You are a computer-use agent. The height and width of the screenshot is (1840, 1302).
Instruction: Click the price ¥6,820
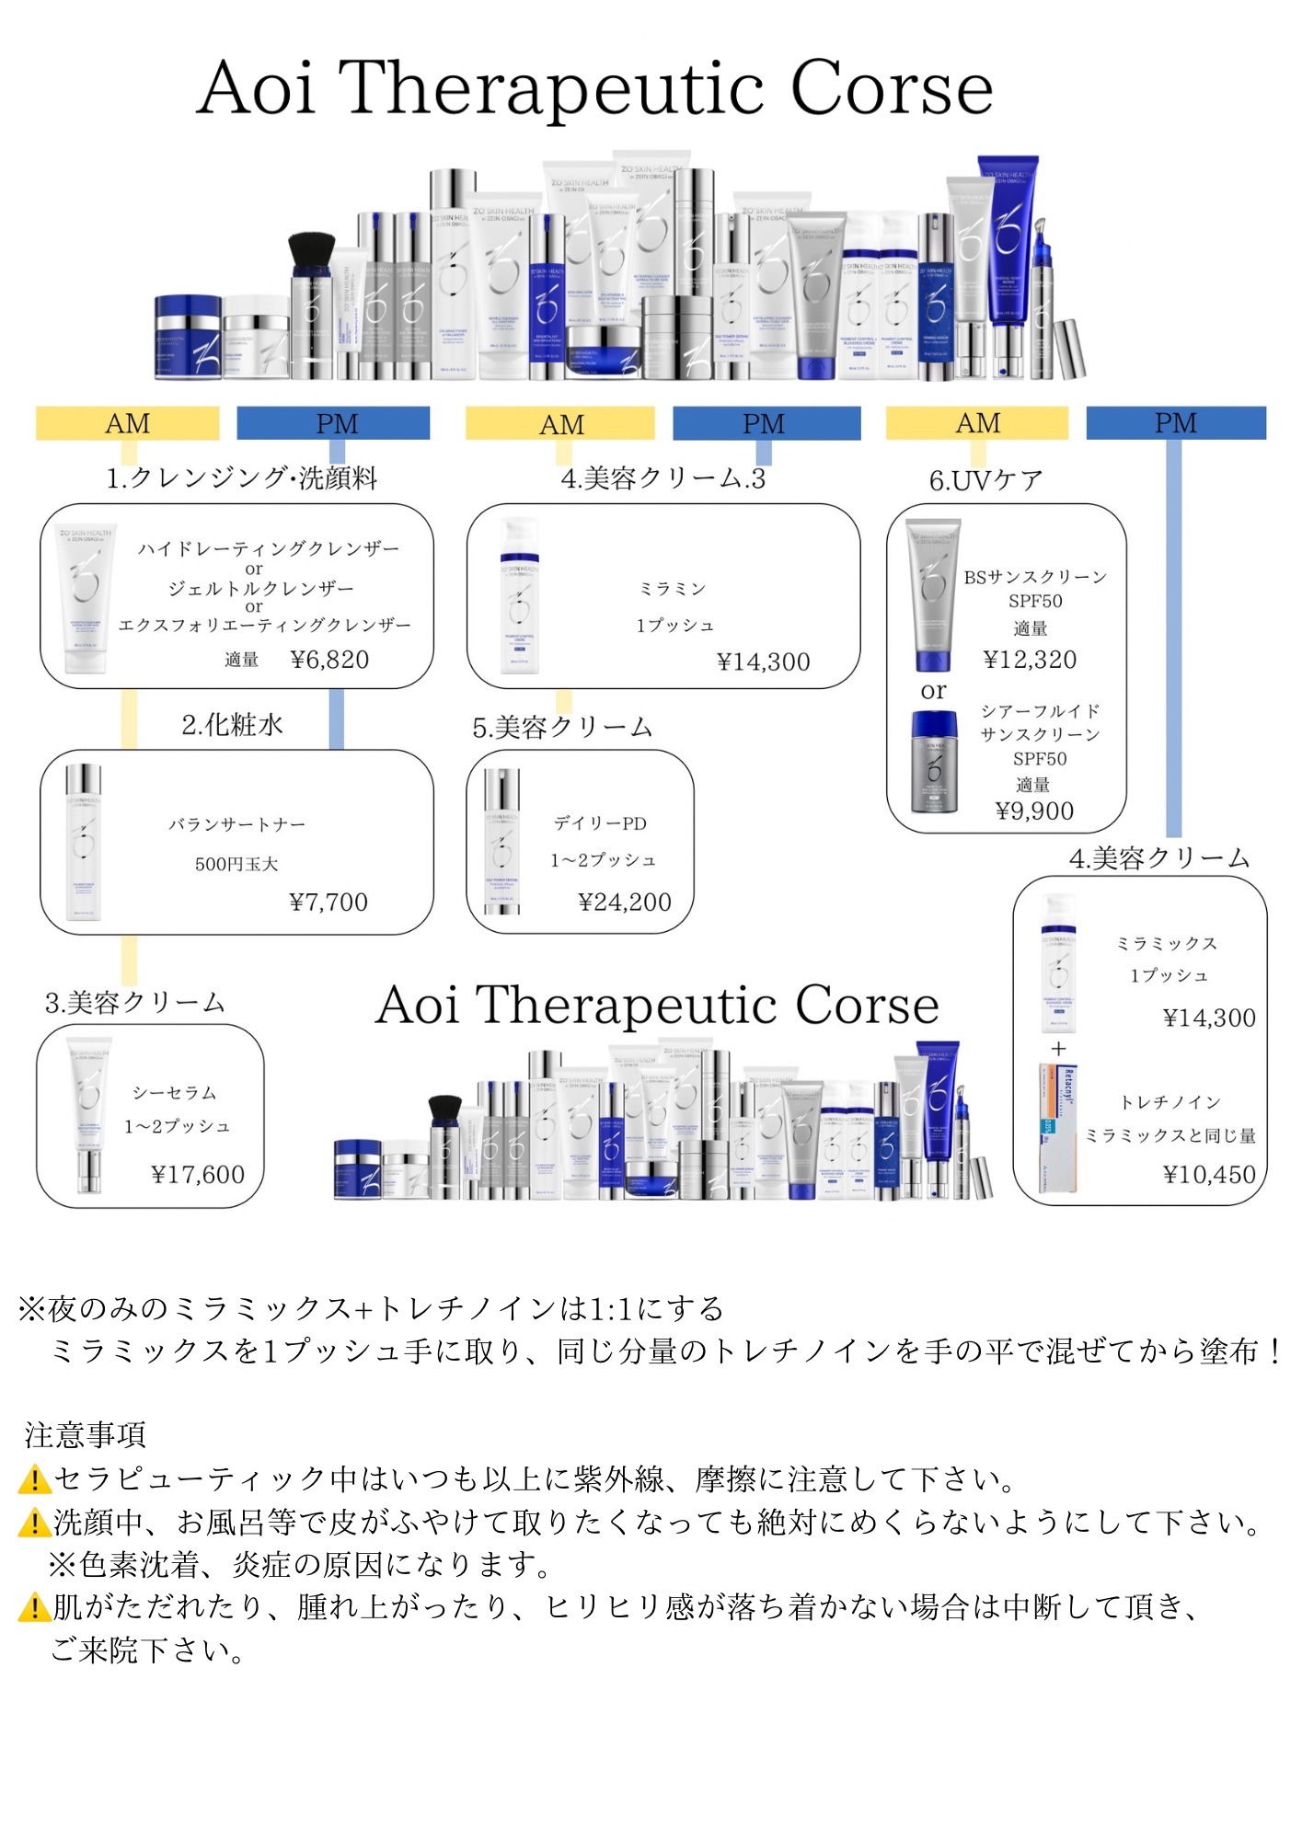pos(329,660)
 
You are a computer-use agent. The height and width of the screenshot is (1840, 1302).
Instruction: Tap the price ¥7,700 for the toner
pos(328,902)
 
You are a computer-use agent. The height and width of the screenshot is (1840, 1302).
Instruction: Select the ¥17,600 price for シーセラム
pos(198,1174)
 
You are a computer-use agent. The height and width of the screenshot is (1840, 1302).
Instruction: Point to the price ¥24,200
pos(625,902)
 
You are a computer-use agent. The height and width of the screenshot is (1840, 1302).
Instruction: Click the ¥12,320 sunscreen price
pos(1030,660)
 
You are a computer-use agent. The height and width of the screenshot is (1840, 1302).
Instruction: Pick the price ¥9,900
pos(1034,811)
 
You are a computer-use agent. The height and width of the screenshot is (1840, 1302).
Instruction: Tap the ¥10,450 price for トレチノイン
pos(1209,1174)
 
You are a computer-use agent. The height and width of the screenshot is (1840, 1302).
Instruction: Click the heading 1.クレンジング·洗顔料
pos(241,478)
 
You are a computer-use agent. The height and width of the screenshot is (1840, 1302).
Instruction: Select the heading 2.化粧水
pos(232,725)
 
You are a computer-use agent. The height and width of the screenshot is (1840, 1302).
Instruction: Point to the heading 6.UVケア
pos(985,480)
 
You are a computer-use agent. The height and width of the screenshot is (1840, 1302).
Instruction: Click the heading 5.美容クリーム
pos(562,728)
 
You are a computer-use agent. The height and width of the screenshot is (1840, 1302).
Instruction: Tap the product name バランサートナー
pos(236,824)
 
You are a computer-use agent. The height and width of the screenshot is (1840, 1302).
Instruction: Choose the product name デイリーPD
pos(600,823)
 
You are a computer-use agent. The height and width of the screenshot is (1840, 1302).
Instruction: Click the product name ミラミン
pos(673,589)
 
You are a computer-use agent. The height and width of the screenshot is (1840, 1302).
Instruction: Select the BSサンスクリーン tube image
pos(932,593)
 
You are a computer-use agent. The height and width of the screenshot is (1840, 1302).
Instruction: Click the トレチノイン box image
pos(1057,1128)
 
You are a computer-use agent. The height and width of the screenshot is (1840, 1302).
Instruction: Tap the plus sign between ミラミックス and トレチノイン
pos(1059,1049)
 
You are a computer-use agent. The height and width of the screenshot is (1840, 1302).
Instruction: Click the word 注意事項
pos(86,1434)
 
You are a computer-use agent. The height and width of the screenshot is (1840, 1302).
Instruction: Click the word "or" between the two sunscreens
pos(933,691)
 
